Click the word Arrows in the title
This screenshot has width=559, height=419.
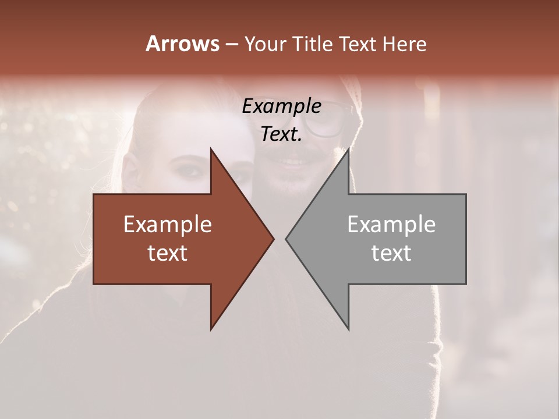pos(182,44)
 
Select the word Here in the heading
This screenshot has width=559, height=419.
pos(404,44)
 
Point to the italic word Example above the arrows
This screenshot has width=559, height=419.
pos(281,106)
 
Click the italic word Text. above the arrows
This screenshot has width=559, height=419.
pos(281,134)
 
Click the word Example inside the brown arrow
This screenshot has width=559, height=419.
pos(168,224)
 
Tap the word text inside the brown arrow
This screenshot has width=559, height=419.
pos(168,253)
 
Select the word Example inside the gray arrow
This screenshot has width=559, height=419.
pos(391,224)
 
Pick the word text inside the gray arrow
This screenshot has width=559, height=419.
pos(391,253)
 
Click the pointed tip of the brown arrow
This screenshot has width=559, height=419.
pos(274,239)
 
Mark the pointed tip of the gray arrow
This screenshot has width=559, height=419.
pos(286,239)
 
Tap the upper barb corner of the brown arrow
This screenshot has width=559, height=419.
pos(211,149)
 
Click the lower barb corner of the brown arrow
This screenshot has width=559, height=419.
pos(211,329)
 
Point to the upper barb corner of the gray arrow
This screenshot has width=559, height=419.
pos(348,149)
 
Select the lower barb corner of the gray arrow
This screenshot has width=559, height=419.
pos(348,329)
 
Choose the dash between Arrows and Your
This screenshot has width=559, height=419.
pos(231,44)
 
